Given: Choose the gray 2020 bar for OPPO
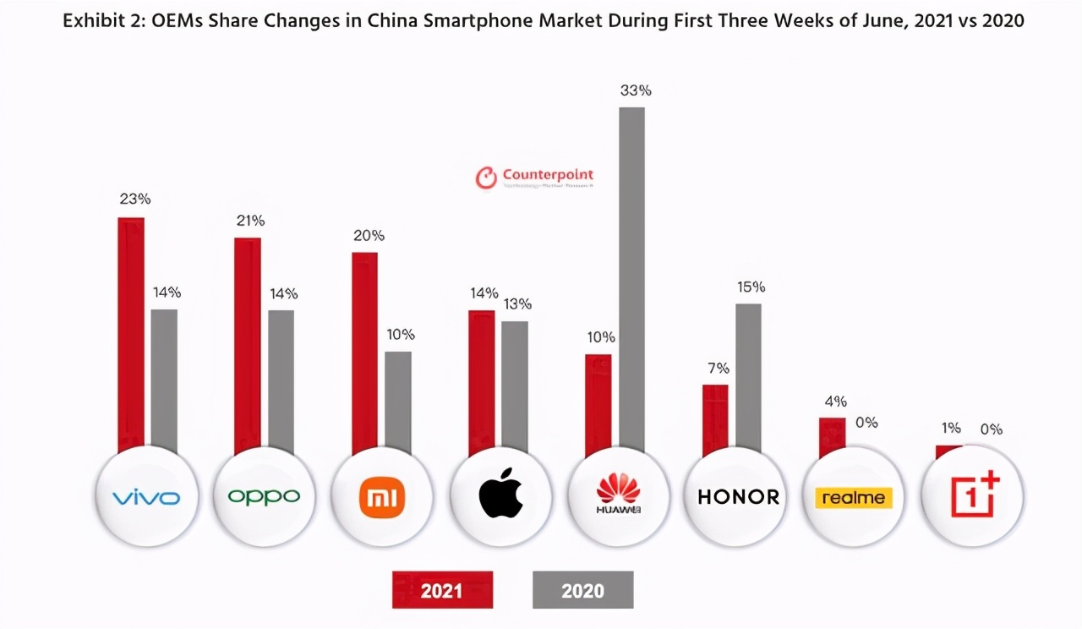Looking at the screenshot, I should tap(281, 380).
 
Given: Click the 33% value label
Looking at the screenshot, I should tap(636, 90).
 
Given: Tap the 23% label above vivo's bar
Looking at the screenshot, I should tap(135, 200).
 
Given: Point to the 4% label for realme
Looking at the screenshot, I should tap(835, 402).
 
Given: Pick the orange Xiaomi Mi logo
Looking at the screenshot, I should tap(383, 496).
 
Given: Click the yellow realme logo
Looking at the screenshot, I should tap(853, 497).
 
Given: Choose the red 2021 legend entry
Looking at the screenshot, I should tap(442, 589).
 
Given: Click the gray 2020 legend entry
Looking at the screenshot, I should tap(582, 589).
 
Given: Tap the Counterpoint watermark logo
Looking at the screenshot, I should tap(535, 177).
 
